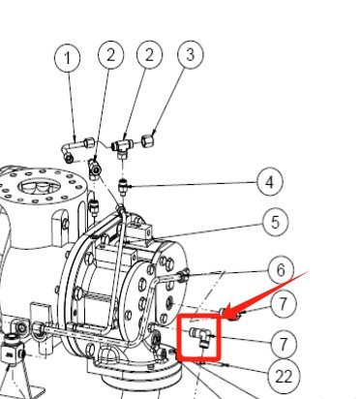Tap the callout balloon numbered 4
click(x=270, y=181)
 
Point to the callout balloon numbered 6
click(x=279, y=270)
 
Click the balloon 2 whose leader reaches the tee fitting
click(x=149, y=54)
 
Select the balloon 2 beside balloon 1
click(x=110, y=54)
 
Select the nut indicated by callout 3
click(x=150, y=138)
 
